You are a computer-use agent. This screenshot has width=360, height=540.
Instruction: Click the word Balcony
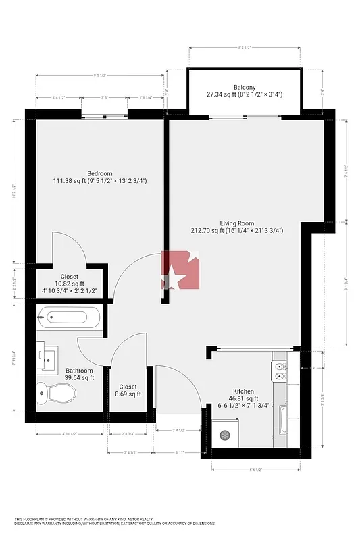pyautogui.click(x=245, y=87)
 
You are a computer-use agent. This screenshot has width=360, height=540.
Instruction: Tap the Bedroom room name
pyautogui.click(x=99, y=173)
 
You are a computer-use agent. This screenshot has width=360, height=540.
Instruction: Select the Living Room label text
pyautogui.click(x=236, y=223)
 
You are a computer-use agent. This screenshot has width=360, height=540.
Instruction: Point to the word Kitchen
pyautogui.click(x=244, y=391)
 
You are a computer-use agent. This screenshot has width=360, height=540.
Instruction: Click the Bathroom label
pyautogui.click(x=79, y=370)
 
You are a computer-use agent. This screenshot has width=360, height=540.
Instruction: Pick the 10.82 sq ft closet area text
pyautogui.click(x=70, y=284)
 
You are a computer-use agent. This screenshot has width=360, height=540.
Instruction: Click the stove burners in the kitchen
pyautogui.click(x=279, y=370)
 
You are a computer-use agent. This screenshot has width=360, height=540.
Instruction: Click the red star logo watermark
pyautogui.click(x=180, y=269)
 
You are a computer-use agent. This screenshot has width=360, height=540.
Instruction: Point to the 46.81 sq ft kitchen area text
pyautogui.click(x=244, y=398)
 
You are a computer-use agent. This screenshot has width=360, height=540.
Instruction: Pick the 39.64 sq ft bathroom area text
pyautogui.click(x=79, y=378)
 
